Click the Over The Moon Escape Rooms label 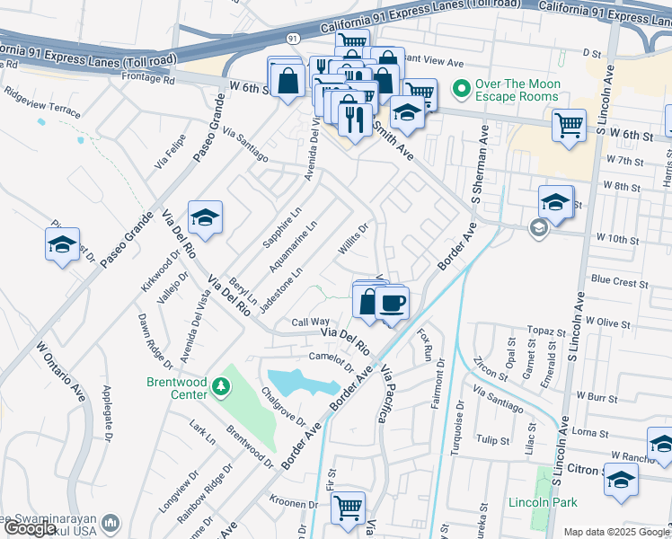(x=517, y=90)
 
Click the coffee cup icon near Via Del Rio (x=392, y=303)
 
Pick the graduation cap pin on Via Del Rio (x=205, y=217)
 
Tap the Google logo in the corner (x=31, y=529)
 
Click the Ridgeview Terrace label (x=41, y=103)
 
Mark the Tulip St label (x=493, y=440)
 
